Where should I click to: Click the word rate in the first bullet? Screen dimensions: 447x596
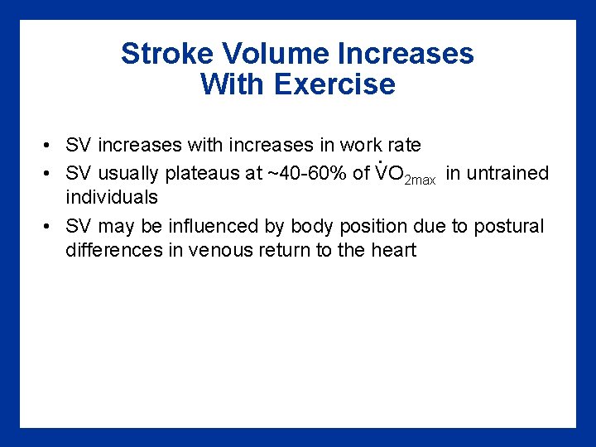[x=403, y=146]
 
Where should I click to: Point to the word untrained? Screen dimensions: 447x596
[x=507, y=174]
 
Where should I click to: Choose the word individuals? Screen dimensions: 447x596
[x=112, y=198]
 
